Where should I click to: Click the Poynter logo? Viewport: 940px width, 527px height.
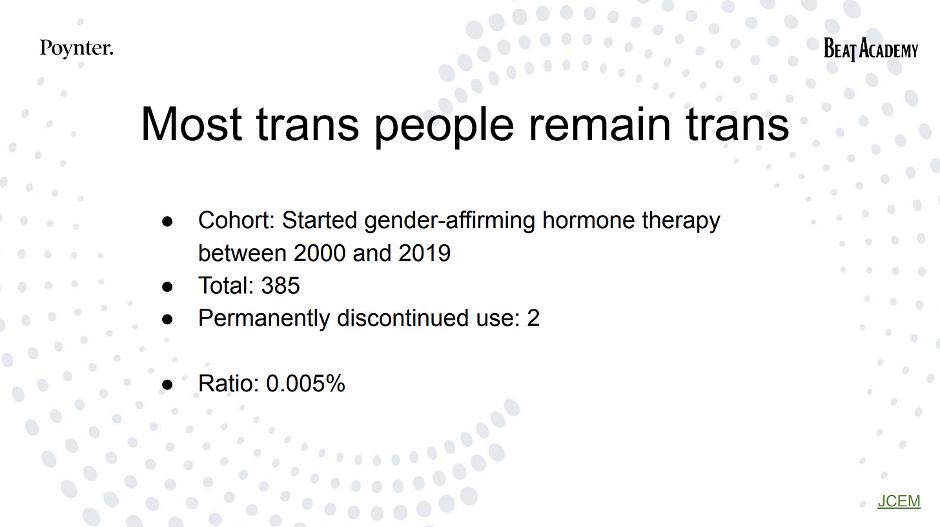click(x=76, y=48)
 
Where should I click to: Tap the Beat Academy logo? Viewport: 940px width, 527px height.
click(x=870, y=49)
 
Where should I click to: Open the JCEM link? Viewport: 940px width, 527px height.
click(x=899, y=501)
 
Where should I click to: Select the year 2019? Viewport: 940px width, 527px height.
click(x=424, y=253)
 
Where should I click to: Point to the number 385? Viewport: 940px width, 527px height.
click(x=280, y=285)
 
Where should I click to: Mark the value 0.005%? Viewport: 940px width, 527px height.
click(x=305, y=384)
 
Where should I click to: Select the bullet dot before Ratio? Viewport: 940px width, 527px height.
click(x=168, y=384)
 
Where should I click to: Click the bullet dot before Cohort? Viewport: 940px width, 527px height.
click(x=168, y=222)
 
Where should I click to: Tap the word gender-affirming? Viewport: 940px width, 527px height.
click(x=449, y=222)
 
